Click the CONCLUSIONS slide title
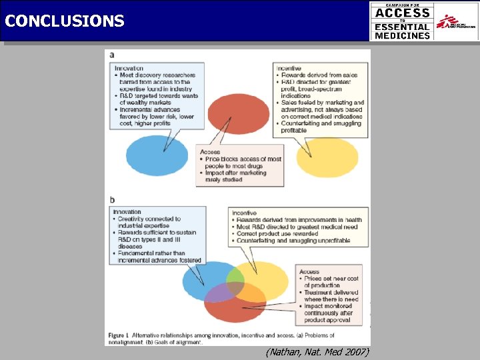[64, 21]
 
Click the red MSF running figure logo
[456, 21]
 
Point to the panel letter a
[111, 55]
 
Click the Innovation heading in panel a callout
[129, 68]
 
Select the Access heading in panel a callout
[210, 152]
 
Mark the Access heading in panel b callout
[309, 272]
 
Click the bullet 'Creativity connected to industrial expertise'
[147, 222]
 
